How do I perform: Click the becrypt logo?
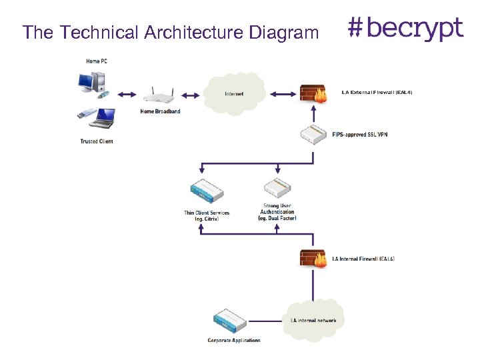point(405,29)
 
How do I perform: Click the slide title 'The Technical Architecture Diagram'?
point(170,32)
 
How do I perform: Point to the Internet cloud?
point(235,93)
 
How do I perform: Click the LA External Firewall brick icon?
point(313,94)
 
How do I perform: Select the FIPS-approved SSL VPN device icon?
point(314,135)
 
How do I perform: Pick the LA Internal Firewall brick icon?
point(313,258)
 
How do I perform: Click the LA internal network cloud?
point(313,320)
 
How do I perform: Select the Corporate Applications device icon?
point(233,322)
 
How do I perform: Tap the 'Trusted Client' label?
point(97,141)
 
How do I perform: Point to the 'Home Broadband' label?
point(160,111)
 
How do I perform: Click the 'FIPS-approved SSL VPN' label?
point(359,135)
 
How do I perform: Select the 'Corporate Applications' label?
point(234,341)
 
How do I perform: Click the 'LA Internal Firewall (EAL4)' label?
point(363,258)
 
